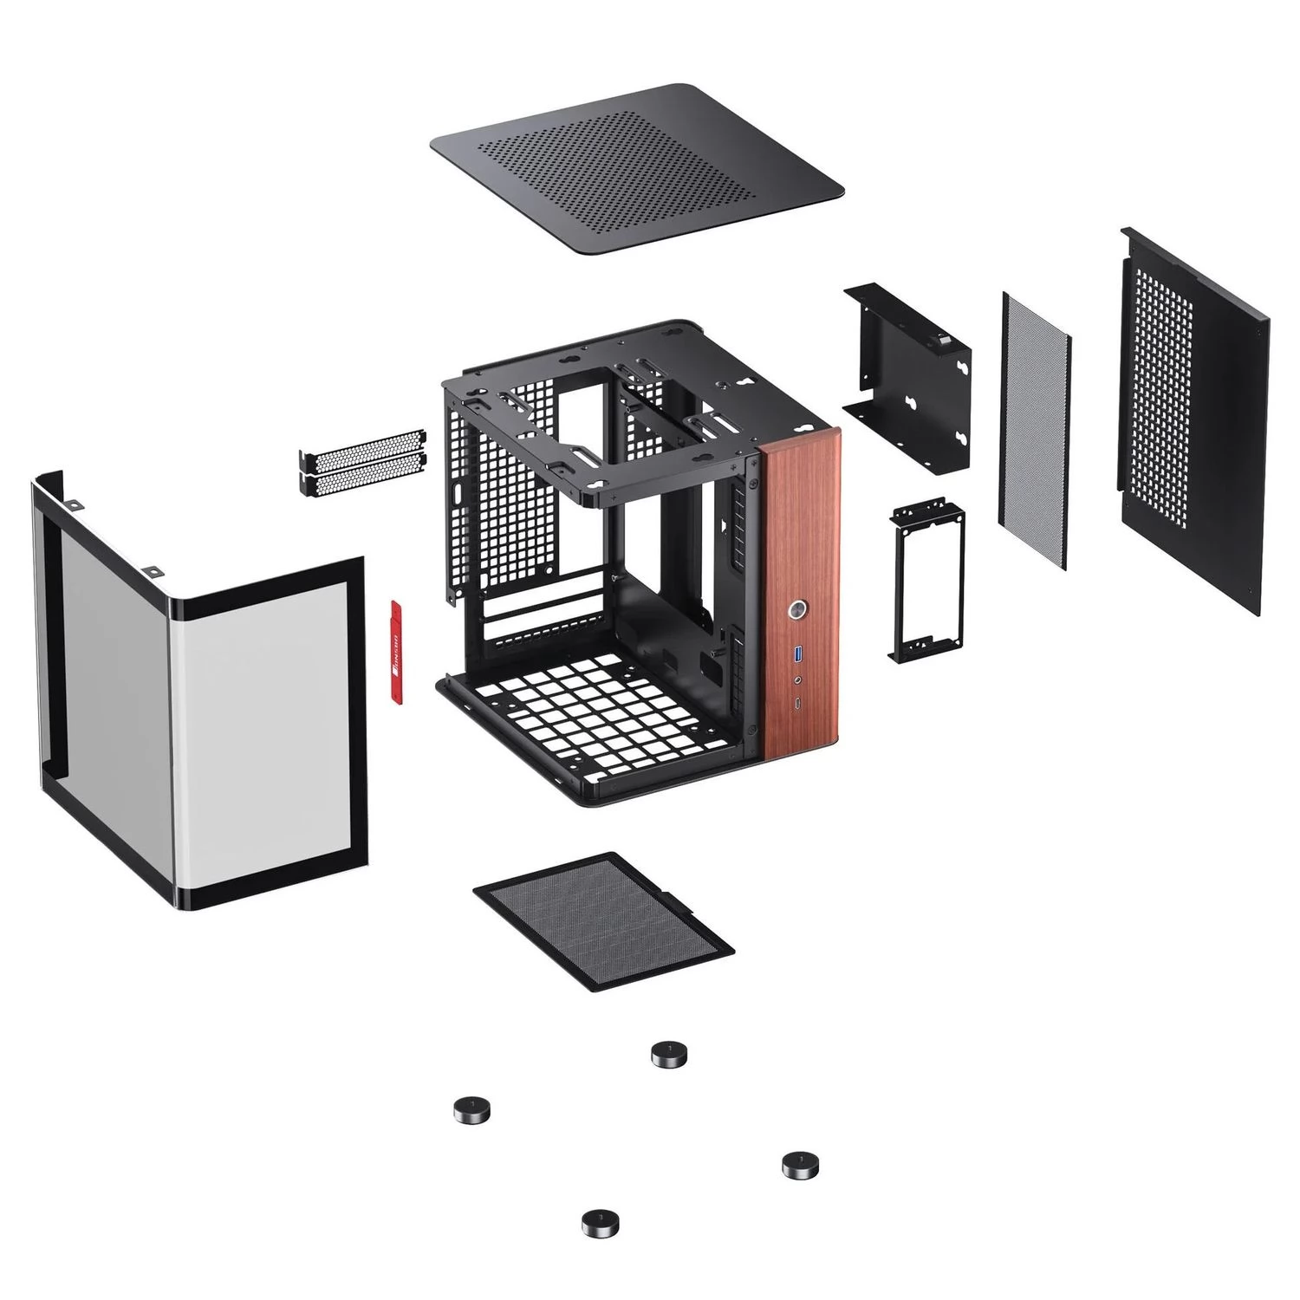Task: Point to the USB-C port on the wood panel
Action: tap(797, 703)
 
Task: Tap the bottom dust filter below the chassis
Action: tap(603, 920)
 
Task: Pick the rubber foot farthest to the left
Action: tap(471, 1108)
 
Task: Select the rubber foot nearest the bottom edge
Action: tap(600, 1223)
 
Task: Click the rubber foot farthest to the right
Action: tap(800, 1164)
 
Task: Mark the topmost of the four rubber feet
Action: tap(669, 1054)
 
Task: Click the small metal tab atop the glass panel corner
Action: tap(153, 572)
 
